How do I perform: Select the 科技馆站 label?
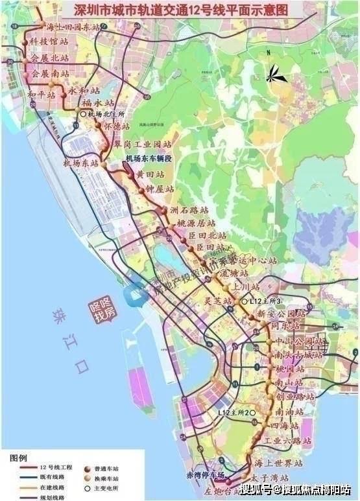click(x=49, y=41)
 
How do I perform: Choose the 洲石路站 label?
click(x=189, y=210)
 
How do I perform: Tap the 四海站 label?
click(x=285, y=426)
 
